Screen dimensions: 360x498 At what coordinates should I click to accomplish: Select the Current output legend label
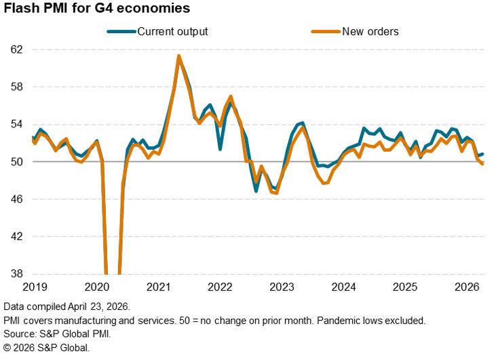click(172, 31)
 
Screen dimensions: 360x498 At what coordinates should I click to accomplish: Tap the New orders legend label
click(370, 31)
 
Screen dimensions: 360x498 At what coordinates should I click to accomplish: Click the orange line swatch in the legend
click(324, 31)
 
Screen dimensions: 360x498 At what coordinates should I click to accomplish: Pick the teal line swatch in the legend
click(121, 31)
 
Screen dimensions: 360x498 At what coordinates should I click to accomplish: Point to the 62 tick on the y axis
click(16, 49)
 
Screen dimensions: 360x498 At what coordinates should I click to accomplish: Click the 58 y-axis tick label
click(16, 87)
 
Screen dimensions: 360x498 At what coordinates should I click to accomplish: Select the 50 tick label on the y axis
click(16, 161)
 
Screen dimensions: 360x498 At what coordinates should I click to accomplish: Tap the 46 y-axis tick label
click(16, 199)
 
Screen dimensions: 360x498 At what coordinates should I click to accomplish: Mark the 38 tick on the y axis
click(16, 274)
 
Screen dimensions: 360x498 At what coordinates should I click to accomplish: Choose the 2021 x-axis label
click(159, 287)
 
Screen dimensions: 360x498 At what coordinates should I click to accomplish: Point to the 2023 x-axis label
click(282, 287)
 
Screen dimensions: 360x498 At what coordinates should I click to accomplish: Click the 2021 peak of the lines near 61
click(178, 56)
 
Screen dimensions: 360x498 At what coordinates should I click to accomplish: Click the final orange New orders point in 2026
click(482, 163)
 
